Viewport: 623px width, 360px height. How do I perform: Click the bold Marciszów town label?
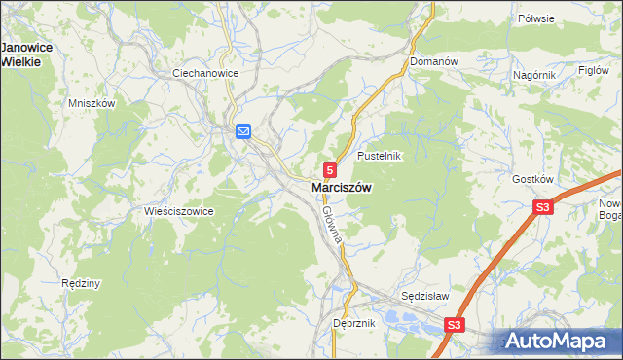click(340, 187)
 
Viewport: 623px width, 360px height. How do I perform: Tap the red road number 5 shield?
click(331, 169)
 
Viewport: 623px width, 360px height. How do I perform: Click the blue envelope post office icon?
click(242, 131)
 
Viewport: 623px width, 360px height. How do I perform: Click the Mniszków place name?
click(92, 103)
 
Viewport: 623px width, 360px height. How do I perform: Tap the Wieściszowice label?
click(178, 211)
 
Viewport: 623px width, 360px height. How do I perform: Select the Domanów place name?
click(433, 61)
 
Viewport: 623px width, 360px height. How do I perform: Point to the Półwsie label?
click(563, 18)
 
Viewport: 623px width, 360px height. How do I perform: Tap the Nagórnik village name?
click(533, 74)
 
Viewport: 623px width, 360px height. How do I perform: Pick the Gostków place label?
click(532, 180)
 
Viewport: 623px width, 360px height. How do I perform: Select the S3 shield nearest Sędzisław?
click(455, 325)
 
